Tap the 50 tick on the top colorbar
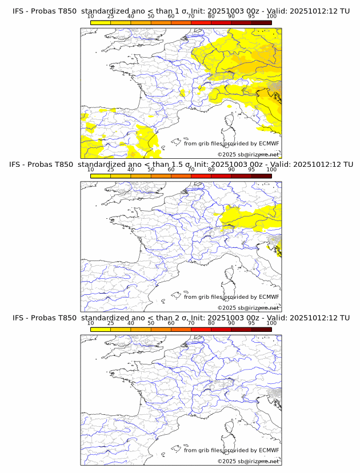(x=151, y=17)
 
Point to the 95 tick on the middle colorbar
(x=251, y=170)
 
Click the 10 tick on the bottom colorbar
(x=91, y=323)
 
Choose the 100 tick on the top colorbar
(x=271, y=17)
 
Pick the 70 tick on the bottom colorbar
(x=191, y=323)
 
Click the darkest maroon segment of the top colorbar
(x=261, y=23)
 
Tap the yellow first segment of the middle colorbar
(x=101, y=176)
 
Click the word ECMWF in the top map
(x=269, y=143)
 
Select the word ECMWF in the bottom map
(x=269, y=450)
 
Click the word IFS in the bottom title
(x=18, y=318)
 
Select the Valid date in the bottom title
(x=309, y=318)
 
